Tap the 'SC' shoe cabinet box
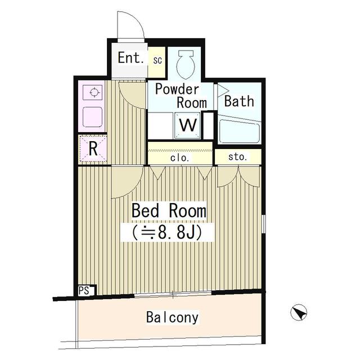[157, 60]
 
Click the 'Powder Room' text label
[177, 96]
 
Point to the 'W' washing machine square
[188, 125]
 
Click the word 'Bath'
[239, 101]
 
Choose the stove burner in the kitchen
[93, 92]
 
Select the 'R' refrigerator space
[93, 149]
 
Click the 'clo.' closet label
[180, 158]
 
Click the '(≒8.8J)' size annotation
[167, 231]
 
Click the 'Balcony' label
[172, 318]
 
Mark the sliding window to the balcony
[173, 293]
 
